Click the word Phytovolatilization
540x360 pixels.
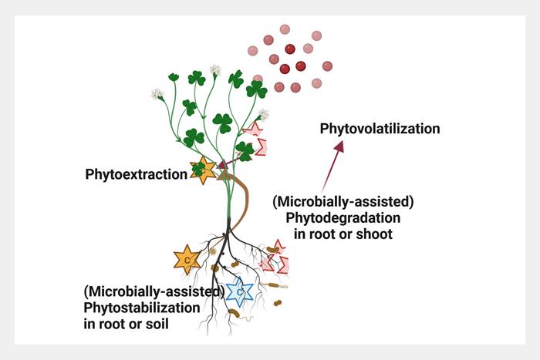click(380, 129)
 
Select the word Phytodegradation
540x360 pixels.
click(343, 217)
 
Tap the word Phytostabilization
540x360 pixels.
click(141, 308)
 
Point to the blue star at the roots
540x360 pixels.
click(241, 292)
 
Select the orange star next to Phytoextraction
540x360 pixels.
click(204, 170)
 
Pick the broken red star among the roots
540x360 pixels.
click(274, 258)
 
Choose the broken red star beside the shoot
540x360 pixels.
click(256, 138)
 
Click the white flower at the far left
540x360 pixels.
click(158, 94)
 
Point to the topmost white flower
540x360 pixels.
click(215, 70)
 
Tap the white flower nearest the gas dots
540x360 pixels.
click(264, 115)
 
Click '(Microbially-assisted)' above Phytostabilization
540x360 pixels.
click(154, 291)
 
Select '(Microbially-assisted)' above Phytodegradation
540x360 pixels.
click(343, 201)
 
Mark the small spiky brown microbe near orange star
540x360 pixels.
click(212, 251)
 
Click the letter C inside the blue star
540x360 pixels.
click(241, 293)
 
